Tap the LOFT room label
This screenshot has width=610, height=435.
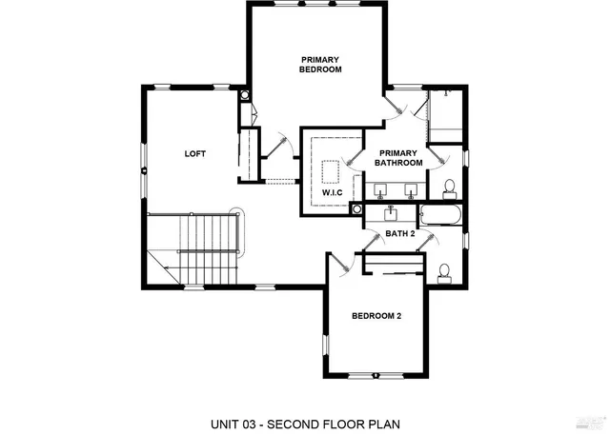[x=195, y=153]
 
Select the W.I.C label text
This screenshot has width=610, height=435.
[x=332, y=193]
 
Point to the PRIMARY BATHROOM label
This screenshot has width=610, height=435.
[x=397, y=158]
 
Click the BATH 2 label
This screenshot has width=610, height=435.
[x=399, y=233]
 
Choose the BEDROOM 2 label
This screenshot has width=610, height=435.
[x=376, y=316]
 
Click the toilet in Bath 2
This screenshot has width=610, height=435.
[x=444, y=272]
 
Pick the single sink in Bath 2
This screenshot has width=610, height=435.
[x=393, y=212]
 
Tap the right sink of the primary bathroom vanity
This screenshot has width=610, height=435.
[x=412, y=188]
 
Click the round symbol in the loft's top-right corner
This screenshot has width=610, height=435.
[x=245, y=96]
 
